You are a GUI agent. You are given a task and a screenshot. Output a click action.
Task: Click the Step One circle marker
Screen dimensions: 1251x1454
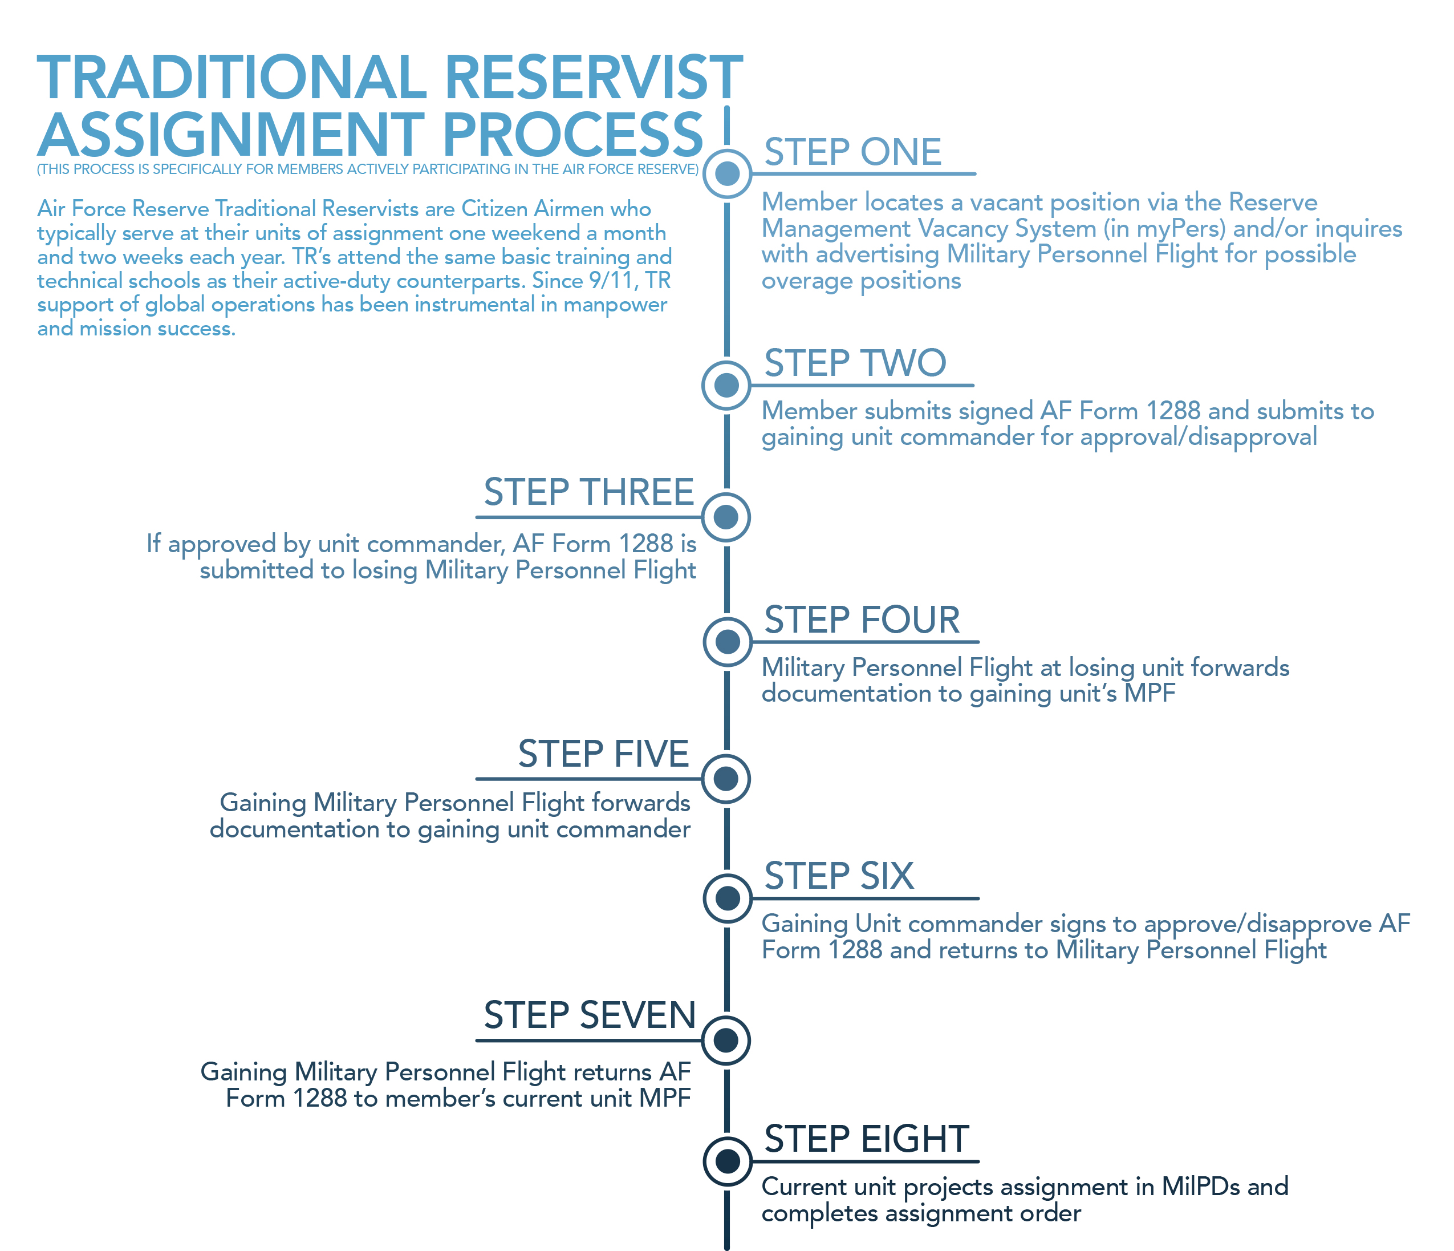tap(727, 173)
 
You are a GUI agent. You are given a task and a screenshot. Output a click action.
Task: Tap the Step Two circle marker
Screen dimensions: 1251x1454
tap(726, 384)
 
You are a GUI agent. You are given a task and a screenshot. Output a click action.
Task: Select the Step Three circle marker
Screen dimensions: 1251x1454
tap(726, 517)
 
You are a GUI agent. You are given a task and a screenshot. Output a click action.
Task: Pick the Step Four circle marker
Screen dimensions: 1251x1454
tap(727, 642)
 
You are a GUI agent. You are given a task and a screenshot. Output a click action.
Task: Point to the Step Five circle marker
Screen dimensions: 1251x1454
tap(726, 779)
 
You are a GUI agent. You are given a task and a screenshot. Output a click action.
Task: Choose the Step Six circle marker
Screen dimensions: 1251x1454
tap(727, 898)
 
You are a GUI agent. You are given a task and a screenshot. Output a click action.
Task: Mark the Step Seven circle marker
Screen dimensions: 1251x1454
tap(726, 1040)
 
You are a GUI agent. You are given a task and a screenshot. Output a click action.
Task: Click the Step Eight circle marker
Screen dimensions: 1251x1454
tap(727, 1160)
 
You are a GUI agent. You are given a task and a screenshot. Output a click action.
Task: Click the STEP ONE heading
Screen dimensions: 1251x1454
tap(852, 152)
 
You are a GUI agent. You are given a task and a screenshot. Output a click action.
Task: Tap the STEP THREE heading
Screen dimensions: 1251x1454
tap(588, 492)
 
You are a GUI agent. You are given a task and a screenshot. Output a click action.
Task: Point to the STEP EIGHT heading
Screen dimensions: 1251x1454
tap(866, 1139)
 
